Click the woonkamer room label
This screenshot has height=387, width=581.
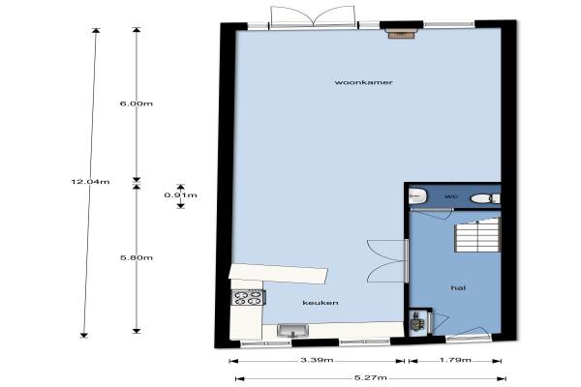[x=363, y=82]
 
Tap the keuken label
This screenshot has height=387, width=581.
[x=321, y=303]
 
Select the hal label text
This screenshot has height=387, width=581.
[x=458, y=287]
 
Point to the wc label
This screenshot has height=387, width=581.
[x=450, y=195]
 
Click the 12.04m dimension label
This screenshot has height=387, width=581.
[x=90, y=182]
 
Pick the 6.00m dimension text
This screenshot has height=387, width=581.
[x=137, y=104]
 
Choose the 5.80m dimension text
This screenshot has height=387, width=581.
[x=137, y=257]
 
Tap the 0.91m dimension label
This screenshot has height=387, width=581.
[x=181, y=195]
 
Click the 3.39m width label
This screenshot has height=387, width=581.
[x=317, y=360]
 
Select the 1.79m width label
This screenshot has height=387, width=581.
[x=455, y=360]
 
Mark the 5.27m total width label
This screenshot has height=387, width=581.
[x=371, y=377]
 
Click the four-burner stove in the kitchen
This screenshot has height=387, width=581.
[x=249, y=297]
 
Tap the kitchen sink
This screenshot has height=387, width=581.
[x=292, y=331]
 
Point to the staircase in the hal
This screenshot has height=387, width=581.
[x=477, y=235]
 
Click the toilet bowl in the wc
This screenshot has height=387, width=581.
[x=485, y=199]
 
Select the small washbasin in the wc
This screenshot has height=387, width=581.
[x=418, y=195]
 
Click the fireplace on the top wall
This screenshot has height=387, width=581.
[x=401, y=34]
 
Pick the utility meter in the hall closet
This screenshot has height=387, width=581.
[x=418, y=322]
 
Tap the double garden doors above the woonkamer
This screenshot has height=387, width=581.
[x=314, y=16]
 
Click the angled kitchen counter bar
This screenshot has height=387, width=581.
[x=278, y=274]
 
